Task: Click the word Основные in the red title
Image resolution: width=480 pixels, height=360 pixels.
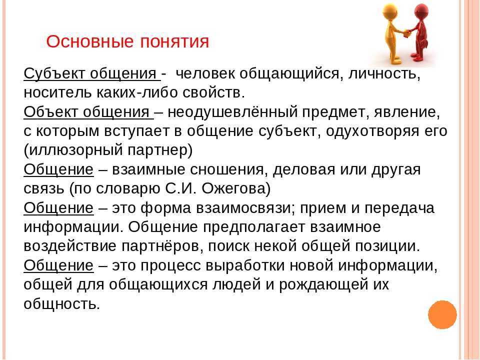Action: click(x=90, y=41)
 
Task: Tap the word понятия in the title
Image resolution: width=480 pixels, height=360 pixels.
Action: click(x=174, y=42)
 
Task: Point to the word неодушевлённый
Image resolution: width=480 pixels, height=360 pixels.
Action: click(x=232, y=112)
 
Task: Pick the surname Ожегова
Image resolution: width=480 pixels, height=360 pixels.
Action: click(x=236, y=188)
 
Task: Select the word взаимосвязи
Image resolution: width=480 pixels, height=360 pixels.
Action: click(x=246, y=208)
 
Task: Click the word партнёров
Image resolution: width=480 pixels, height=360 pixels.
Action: click(x=162, y=246)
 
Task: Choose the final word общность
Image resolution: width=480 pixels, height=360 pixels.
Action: click(x=62, y=304)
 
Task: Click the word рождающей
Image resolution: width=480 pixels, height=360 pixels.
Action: click(x=323, y=284)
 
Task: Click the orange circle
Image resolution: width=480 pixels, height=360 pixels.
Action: click(x=442, y=314)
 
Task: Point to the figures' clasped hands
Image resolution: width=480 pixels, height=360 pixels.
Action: click(x=406, y=32)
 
